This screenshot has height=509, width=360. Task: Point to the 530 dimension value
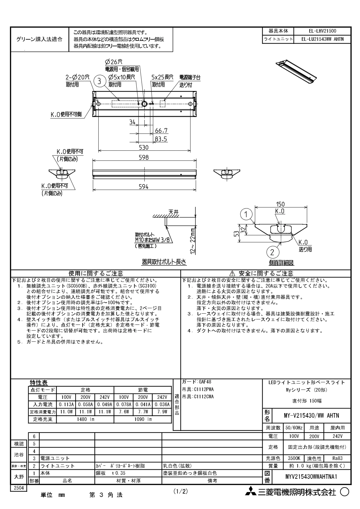[x=144, y=148]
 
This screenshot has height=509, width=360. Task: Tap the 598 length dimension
[x=144, y=157]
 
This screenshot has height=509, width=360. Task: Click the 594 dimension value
[x=144, y=187]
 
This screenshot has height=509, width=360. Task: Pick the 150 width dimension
[x=280, y=204]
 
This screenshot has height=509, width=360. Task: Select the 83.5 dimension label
[x=161, y=139]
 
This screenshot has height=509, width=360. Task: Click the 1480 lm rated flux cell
[x=85, y=419]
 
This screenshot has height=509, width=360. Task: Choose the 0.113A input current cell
[x=66, y=404]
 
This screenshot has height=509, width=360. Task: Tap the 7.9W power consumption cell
[x=162, y=412]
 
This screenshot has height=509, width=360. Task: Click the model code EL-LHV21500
[x=322, y=31]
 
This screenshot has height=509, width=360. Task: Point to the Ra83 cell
[x=337, y=458]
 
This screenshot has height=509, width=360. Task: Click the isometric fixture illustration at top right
[x=296, y=72]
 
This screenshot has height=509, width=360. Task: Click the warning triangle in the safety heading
[x=232, y=273]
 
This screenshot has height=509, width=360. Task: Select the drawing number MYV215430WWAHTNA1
[x=311, y=476]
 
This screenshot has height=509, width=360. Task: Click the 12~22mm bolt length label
[x=193, y=241]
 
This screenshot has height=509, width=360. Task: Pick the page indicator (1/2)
[x=181, y=491]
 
